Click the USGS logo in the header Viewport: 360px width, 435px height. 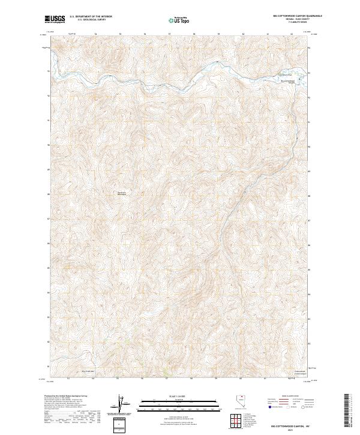(55, 19)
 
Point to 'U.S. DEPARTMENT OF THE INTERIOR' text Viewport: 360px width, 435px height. (91, 16)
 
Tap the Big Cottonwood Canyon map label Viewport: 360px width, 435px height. (289, 81)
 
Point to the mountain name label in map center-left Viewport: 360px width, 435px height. (122, 193)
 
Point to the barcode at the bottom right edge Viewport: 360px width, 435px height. (347, 411)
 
